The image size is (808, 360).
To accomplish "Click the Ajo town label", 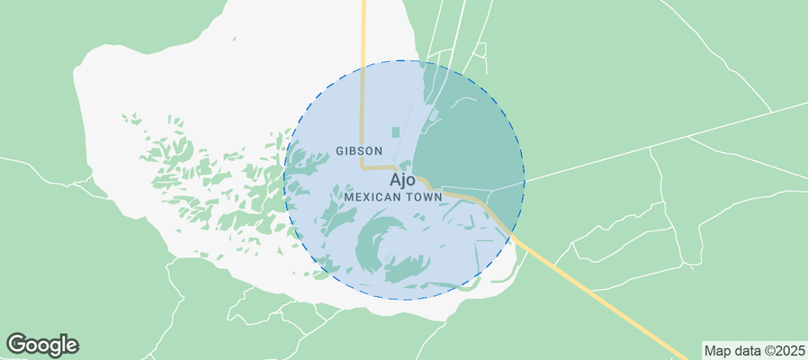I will (402, 179).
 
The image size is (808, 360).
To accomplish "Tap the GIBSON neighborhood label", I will (359, 151).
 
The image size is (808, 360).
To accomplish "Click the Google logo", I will (42, 344).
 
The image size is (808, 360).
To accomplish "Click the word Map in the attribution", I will (718, 350).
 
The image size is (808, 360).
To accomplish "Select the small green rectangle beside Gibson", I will (395, 133).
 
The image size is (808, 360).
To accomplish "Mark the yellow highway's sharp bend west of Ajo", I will (364, 166).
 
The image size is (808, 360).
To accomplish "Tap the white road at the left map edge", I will (18, 163).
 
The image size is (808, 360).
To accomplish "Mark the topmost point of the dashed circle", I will (404, 60).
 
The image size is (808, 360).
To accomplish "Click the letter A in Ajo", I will (395, 179).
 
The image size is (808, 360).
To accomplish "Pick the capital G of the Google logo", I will (17, 344).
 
